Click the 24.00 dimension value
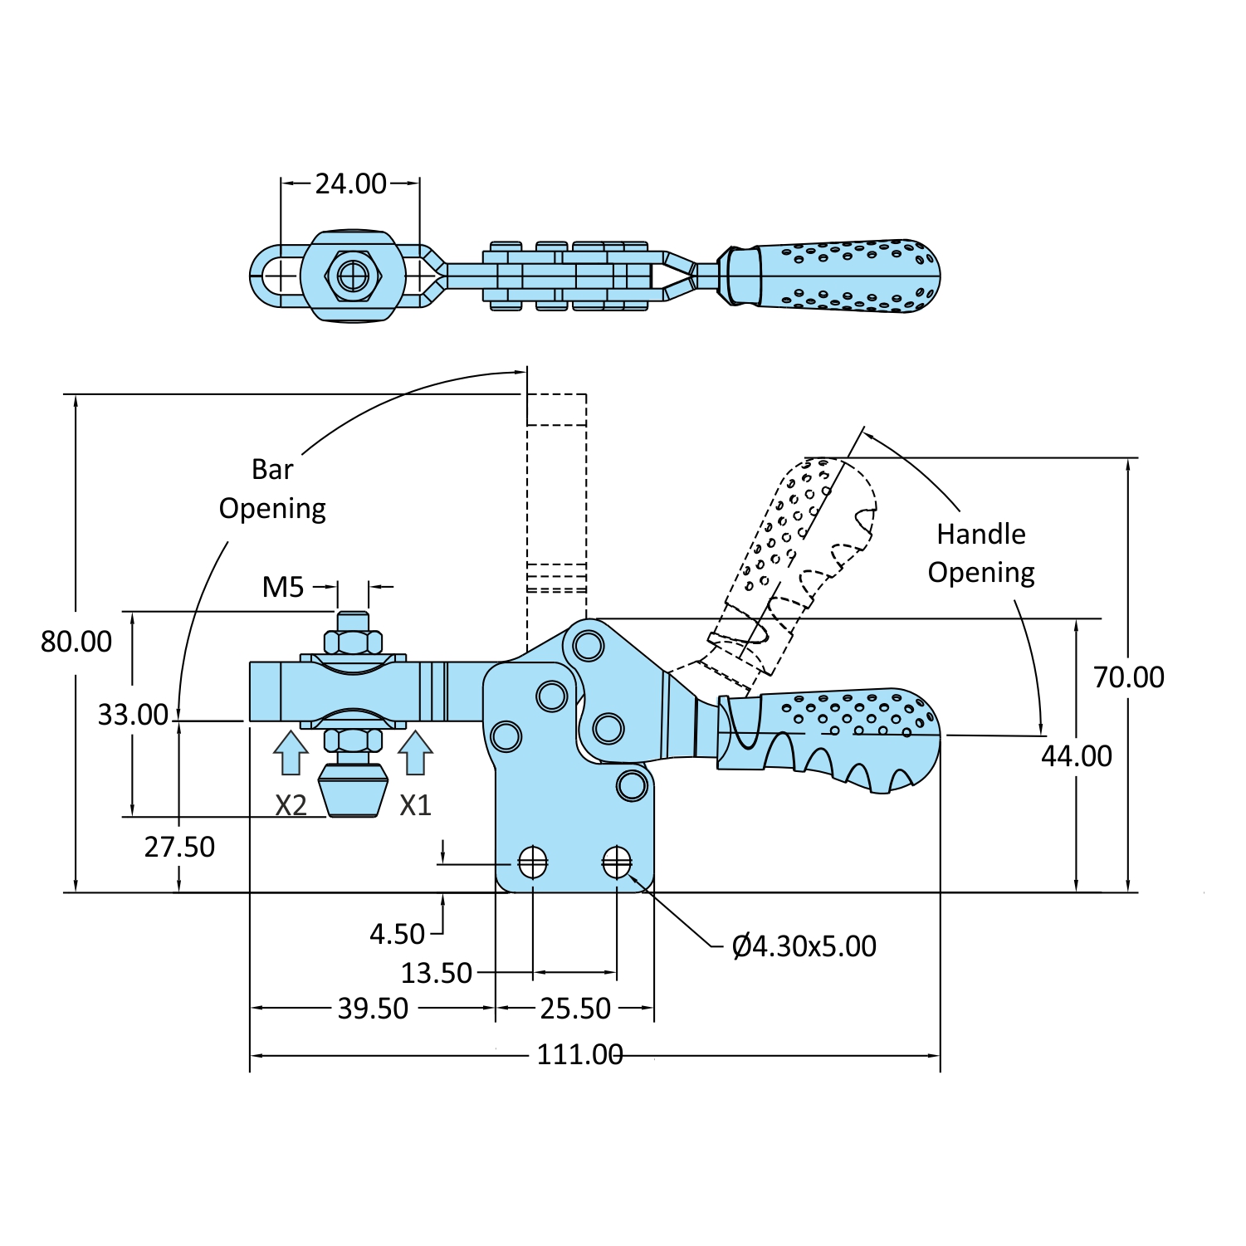coord(350,183)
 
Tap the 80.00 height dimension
coord(76,642)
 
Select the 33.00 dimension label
coord(133,715)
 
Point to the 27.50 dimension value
coord(179,847)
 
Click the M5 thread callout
coord(283,588)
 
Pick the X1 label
coord(415,805)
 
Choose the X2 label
coord(291,805)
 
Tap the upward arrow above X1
coord(415,752)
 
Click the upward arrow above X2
coord(291,752)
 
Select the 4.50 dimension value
coord(397,935)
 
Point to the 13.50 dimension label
coord(437,973)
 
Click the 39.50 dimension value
coord(373,1009)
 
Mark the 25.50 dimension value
coord(575,1009)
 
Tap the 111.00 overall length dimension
coord(579,1055)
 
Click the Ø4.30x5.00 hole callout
coord(804,946)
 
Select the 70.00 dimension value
coord(1128,677)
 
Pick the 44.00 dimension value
coord(1077,756)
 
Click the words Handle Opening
coord(981,553)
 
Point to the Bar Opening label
coord(272,489)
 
